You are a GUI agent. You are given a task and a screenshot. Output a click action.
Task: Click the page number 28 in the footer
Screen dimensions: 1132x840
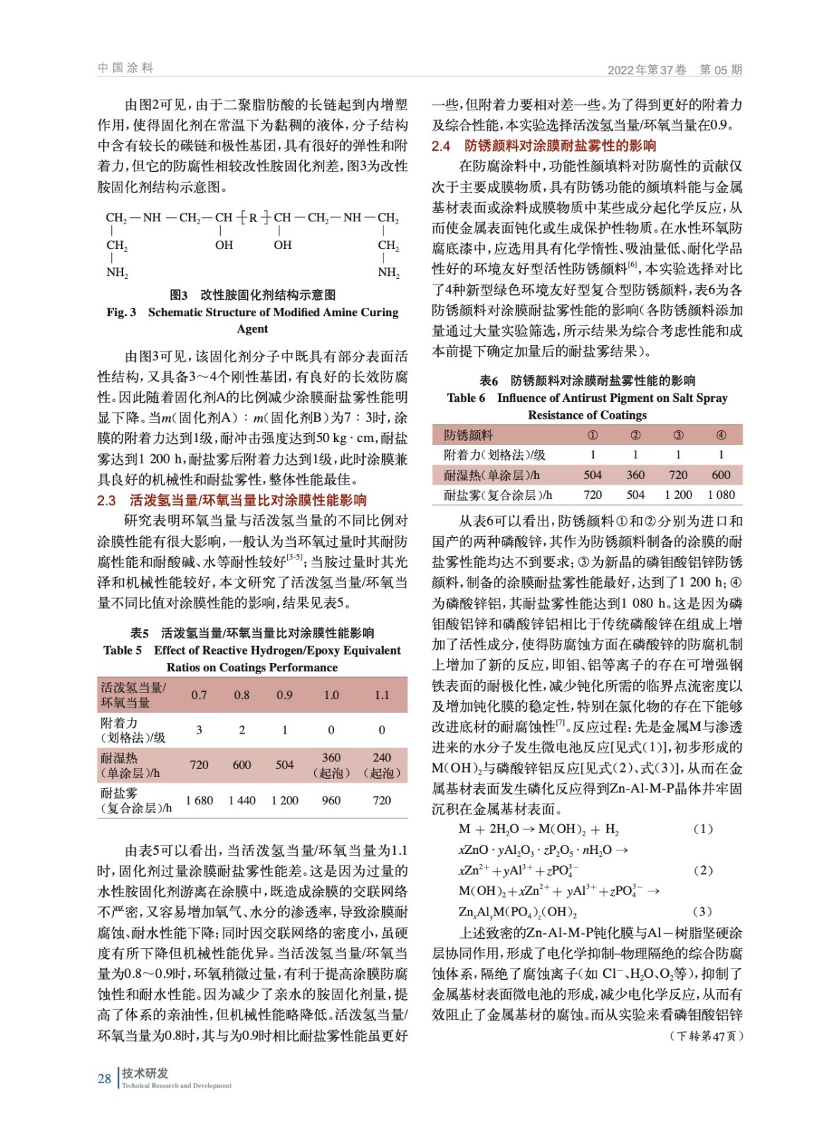104,1078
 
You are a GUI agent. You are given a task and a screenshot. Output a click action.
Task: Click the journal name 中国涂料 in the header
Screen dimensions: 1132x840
125,68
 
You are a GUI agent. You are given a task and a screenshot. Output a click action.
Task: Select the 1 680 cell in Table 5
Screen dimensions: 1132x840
199,800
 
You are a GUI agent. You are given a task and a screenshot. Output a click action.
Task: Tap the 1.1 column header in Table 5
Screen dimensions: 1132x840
381,695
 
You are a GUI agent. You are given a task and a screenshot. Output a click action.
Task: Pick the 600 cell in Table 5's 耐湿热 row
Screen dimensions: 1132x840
241,765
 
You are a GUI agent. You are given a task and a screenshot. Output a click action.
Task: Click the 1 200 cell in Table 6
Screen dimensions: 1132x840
678,495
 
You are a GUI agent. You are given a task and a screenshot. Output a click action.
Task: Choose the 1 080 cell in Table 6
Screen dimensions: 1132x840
721,495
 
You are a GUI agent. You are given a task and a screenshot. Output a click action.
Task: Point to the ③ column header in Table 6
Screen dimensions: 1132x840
678,435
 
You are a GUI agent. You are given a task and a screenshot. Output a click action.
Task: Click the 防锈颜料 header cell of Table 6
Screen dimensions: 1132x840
468,435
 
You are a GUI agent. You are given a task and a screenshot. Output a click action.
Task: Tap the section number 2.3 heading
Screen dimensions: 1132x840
106,500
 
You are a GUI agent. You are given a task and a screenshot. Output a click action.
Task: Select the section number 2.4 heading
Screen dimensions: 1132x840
441,146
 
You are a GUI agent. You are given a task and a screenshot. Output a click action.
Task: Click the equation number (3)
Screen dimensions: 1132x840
703,911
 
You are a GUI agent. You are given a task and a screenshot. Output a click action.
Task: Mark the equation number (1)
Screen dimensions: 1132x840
703,828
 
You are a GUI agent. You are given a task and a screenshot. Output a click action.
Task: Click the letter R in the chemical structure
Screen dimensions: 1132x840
253,218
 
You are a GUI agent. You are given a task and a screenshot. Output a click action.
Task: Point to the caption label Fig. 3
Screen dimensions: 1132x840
121,312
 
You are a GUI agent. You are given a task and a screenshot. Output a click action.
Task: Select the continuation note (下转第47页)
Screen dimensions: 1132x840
706,1036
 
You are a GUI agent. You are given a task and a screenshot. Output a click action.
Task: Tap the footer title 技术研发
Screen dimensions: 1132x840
145,1073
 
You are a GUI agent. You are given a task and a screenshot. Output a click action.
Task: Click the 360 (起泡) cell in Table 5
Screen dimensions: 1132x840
331,765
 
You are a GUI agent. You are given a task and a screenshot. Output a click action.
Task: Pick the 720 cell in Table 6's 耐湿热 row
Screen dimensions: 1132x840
678,475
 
